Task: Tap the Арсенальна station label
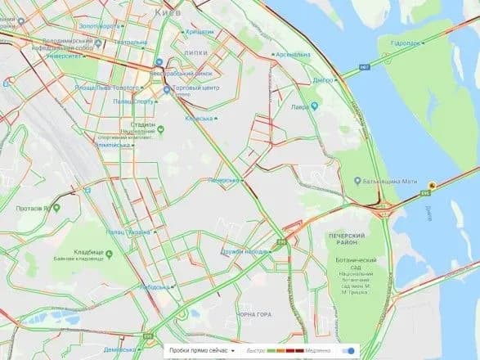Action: (293, 55)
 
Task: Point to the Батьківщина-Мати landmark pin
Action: (357, 180)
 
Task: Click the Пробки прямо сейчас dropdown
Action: (200, 350)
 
